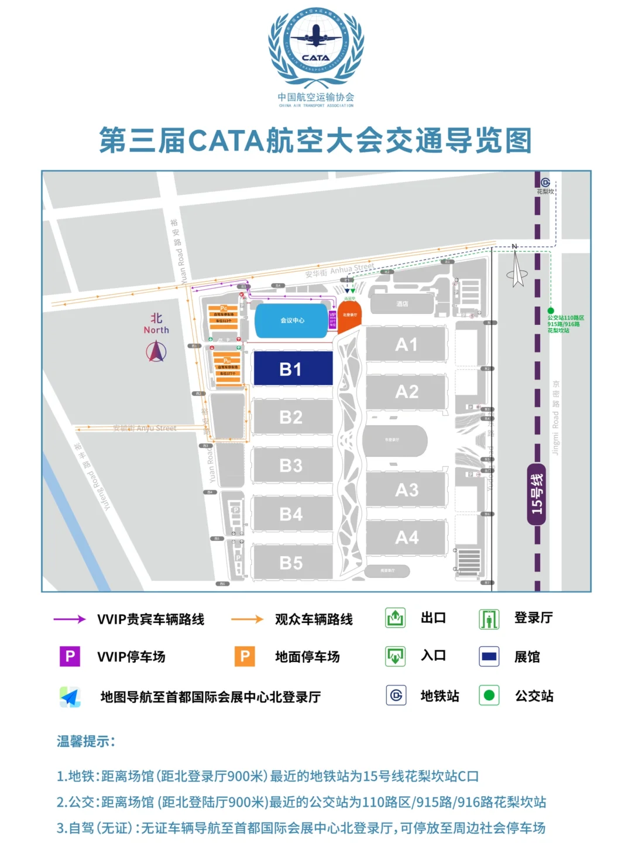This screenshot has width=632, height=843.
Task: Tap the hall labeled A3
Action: click(x=407, y=489)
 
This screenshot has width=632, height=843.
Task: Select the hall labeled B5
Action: click(x=291, y=563)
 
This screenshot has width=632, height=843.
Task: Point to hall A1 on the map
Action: click(x=407, y=344)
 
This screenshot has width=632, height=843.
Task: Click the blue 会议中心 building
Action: click(x=291, y=320)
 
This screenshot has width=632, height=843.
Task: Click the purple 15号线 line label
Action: click(x=537, y=494)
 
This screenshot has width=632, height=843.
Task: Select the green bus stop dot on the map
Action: click(x=551, y=311)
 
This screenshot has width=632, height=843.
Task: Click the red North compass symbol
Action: click(x=156, y=351)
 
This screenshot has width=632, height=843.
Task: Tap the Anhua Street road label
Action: click(x=340, y=271)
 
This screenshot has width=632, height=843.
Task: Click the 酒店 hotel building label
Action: click(x=402, y=304)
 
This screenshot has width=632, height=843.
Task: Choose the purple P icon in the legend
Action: click(x=70, y=656)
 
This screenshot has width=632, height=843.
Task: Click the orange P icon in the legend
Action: click(x=245, y=656)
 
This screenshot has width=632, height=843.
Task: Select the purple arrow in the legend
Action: click(x=70, y=619)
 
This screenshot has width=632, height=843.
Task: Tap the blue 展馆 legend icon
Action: click(x=489, y=656)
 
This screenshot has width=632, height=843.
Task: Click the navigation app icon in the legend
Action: click(x=70, y=697)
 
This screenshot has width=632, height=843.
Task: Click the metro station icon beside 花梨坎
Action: click(x=545, y=182)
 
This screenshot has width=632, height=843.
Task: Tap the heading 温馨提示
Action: click(x=86, y=741)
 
